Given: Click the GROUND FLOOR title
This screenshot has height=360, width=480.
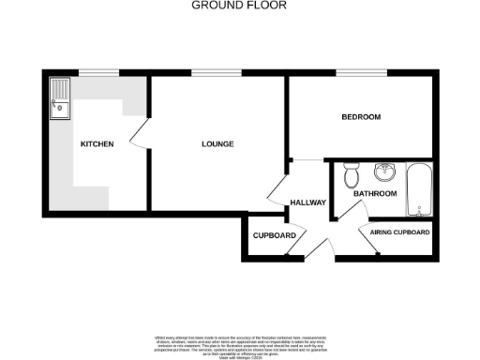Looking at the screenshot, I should (x=239, y=5).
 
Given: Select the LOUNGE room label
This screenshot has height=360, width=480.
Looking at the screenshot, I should (x=217, y=144).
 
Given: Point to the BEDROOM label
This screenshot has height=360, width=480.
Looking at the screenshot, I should (x=360, y=117).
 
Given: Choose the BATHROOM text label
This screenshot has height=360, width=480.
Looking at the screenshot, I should (x=375, y=194).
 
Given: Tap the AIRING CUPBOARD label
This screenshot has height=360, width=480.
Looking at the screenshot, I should (x=399, y=232).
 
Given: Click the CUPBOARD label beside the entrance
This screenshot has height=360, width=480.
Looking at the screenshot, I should (x=275, y=234).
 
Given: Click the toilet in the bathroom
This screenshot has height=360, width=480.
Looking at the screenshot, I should (x=351, y=174).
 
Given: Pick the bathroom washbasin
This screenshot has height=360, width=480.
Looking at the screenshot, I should (x=384, y=172).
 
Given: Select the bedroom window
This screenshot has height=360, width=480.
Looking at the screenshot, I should (x=352, y=72).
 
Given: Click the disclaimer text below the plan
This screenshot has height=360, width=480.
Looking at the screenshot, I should (x=239, y=344).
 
